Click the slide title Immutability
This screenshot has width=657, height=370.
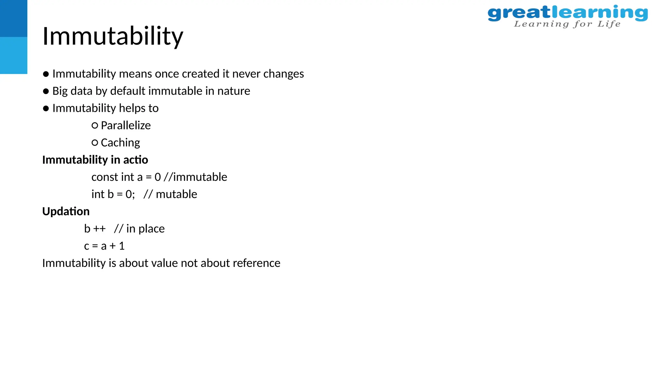[113, 36]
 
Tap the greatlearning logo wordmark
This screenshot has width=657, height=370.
[567, 13]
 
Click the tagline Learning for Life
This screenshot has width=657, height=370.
[567, 24]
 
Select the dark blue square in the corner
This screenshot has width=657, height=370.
[13, 18]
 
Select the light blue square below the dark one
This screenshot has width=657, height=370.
[13, 55]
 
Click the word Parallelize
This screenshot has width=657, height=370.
[125, 125]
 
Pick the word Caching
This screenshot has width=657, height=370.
[120, 143]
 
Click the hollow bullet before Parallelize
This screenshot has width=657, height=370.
[95, 126]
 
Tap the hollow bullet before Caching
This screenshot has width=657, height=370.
[95, 143]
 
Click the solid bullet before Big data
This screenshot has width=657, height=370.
[46, 91]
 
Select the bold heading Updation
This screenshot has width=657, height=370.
[66, 211]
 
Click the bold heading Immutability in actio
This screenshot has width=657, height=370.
[95, 160]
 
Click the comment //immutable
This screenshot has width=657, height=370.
[195, 177]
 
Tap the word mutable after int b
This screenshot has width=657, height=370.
[176, 194]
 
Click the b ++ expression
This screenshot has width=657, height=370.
[95, 229]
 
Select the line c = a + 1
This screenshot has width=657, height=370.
[104, 246]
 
